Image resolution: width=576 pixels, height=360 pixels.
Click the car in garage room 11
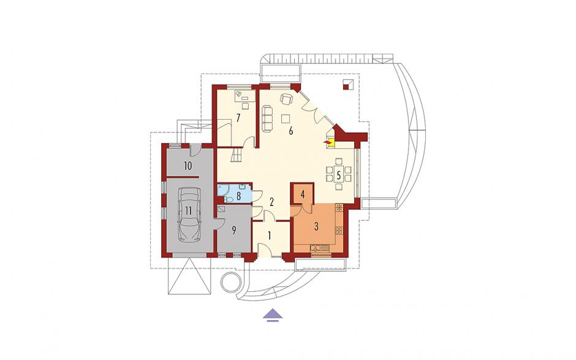click(189, 215)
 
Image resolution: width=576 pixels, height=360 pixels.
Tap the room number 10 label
click(188, 166)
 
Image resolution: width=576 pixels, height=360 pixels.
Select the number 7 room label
click(238, 118)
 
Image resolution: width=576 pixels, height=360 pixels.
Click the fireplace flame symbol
click(326, 142)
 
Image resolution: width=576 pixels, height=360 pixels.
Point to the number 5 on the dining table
click(339, 175)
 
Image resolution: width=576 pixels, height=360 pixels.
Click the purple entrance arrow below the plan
click(273, 315)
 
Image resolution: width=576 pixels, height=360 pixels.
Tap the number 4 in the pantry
click(302, 194)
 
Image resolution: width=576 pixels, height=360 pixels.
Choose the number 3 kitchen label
click(316, 226)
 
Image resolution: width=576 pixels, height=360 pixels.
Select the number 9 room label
click(233, 231)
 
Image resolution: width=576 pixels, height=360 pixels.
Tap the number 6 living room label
click(290, 131)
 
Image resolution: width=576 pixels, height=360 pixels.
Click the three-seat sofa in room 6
click(267, 118)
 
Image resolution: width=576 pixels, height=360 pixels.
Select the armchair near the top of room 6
click(286, 99)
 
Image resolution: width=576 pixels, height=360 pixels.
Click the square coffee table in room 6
click(286, 118)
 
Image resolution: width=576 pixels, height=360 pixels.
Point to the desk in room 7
click(244, 96)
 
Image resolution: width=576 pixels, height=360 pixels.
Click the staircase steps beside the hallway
click(235, 155)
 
